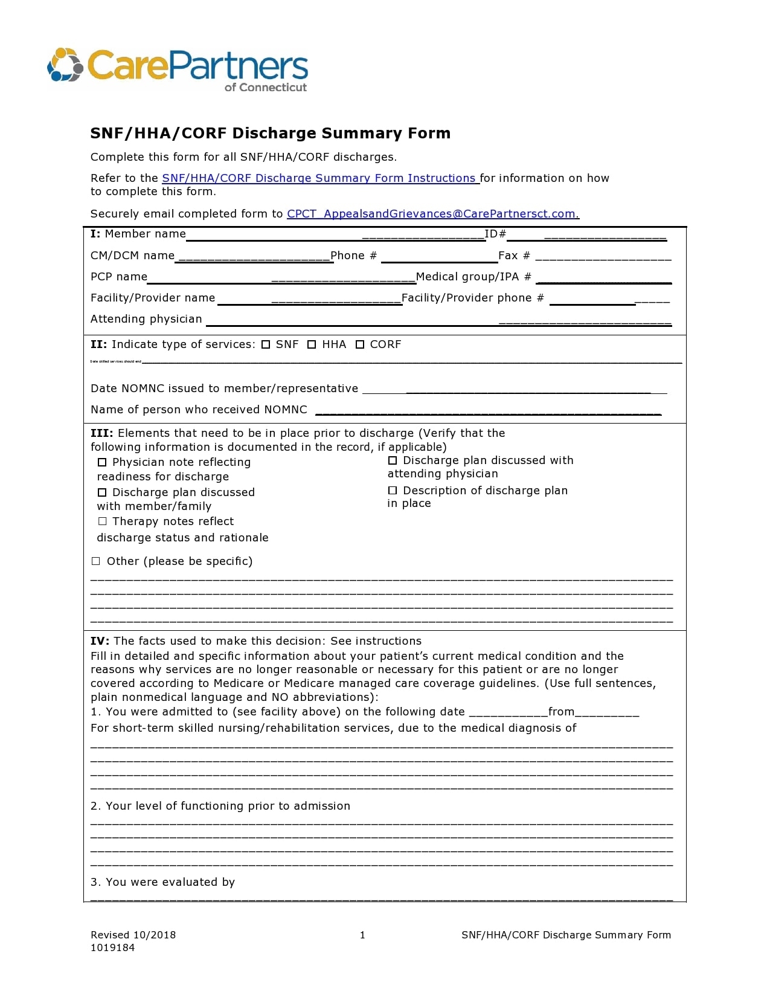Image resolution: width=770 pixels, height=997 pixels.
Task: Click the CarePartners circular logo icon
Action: click(65, 65)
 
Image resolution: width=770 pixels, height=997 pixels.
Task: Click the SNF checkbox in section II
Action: click(266, 344)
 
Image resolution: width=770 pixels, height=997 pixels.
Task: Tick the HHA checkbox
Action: click(312, 344)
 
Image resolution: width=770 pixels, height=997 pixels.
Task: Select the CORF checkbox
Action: click(360, 344)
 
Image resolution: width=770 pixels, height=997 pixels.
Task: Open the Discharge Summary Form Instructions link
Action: click(320, 178)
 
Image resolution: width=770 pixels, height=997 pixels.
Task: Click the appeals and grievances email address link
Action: click(432, 214)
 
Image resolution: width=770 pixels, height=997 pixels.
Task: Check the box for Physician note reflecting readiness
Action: click(102, 462)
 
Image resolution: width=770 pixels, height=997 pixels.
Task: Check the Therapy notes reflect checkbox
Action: click(102, 521)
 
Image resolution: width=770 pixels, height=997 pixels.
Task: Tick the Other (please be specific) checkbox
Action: click(95, 561)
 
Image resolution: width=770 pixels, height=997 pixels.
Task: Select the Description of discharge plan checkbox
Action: click(393, 490)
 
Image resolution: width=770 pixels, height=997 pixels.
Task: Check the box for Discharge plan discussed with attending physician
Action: click(393, 460)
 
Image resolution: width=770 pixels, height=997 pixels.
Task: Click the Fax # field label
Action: click(514, 256)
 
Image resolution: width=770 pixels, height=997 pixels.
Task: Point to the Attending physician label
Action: click(146, 319)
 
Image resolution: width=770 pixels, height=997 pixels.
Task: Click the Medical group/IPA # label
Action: click(473, 277)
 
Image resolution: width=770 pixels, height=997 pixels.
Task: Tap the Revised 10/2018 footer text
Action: click(133, 935)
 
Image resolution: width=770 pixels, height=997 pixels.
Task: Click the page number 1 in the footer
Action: click(362, 935)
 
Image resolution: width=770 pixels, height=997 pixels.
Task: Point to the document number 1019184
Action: click(112, 947)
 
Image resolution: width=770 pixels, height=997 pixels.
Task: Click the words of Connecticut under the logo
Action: click(266, 87)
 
